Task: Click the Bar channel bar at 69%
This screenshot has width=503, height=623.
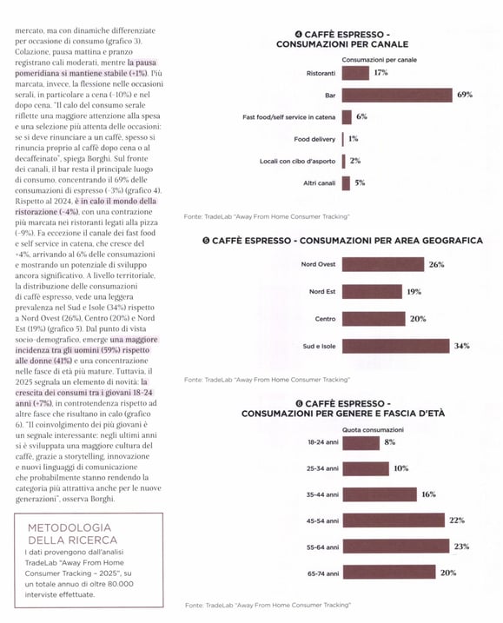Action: pyautogui.click(x=397, y=96)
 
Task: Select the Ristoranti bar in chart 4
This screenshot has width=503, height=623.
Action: pyautogui.click(x=355, y=73)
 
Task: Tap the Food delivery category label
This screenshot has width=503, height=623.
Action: pyautogui.click(x=314, y=139)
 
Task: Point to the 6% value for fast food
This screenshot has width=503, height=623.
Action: pyautogui.click(x=361, y=116)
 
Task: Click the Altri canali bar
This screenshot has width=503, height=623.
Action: pyautogui.click(x=346, y=183)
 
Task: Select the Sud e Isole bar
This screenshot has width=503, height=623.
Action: pyautogui.click(x=396, y=346)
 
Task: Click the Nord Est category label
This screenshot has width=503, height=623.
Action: pyautogui.click(x=322, y=292)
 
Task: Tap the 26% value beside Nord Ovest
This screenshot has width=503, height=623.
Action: pyautogui.click(x=436, y=265)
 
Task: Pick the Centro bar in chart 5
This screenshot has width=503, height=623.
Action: pyautogui.click(x=374, y=319)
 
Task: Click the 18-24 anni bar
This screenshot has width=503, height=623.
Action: pyautogui.click(x=361, y=443)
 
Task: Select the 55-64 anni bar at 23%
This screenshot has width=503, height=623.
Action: pyautogui.click(x=396, y=547)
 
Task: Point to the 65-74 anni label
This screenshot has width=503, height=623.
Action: pyautogui.click(x=323, y=573)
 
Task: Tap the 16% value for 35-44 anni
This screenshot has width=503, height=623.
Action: pyautogui.click(x=428, y=494)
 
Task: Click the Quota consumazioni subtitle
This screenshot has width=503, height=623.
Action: pyautogui.click(x=373, y=430)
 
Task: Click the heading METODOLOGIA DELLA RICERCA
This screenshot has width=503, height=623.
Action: pyautogui.click(x=72, y=534)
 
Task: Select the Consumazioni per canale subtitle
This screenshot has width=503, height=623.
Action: pyautogui.click(x=380, y=60)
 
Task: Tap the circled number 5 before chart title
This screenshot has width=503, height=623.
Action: pyautogui.click(x=206, y=241)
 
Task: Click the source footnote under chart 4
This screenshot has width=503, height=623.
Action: pyautogui.click(x=267, y=216)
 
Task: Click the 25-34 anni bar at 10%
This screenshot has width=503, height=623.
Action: pyautogui.click(x=366, y=469)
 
